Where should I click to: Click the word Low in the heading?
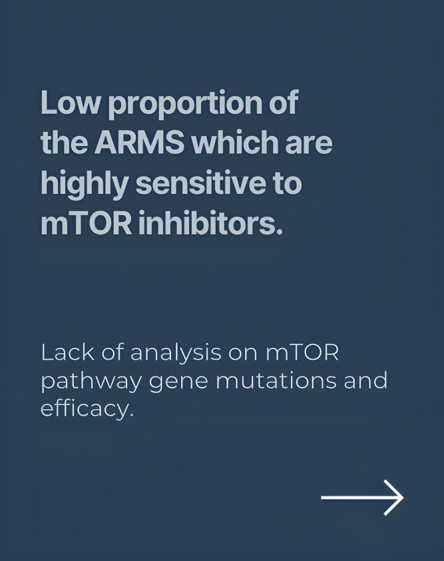[x=70, y=103]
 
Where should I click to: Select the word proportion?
[x=185, y=105]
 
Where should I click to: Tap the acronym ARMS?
[x=139, y=143]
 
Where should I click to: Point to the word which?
[x=234, y=142]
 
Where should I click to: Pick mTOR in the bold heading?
[x=86, y=223]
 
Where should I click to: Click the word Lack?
[x=68, y=352]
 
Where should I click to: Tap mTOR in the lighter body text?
[x=302, y=352]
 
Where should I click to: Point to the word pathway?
[x=91, y=381]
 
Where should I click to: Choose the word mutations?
[x=276, y=380]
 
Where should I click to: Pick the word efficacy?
[x=87, y=409]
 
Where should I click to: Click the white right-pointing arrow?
[x=362, y=497]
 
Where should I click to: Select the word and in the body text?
[x=365, y=380]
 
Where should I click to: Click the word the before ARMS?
[x=64, y=142]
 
